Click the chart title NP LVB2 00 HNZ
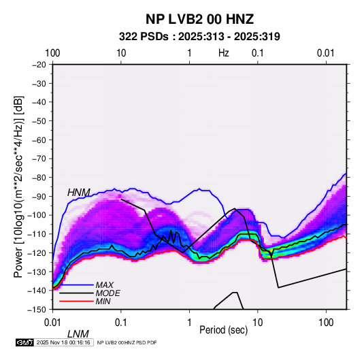[x=199, y=19]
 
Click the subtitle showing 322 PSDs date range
[x=199, y=37]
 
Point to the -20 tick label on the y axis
[x=39, y=65]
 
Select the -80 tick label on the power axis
[x=39, y=178]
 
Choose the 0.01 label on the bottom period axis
[x=52, y=323]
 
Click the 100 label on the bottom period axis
[x=326, y=323]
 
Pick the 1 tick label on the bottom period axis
[x=189, y=323]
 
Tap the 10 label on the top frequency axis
[x=121, y=53]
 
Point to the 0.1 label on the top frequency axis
[x=258, y=53]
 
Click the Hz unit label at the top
[x=224, y=53]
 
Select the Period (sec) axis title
[x=224, y=330]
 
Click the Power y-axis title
[x=18, y=186]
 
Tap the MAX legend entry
[x=105, y=284]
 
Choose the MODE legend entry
[x=108, y=293]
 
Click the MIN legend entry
[x=103, y=301]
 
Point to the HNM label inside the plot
[x=79, y=193]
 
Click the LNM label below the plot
[x=78, y=334]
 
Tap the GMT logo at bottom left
[x=24, y=342]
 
